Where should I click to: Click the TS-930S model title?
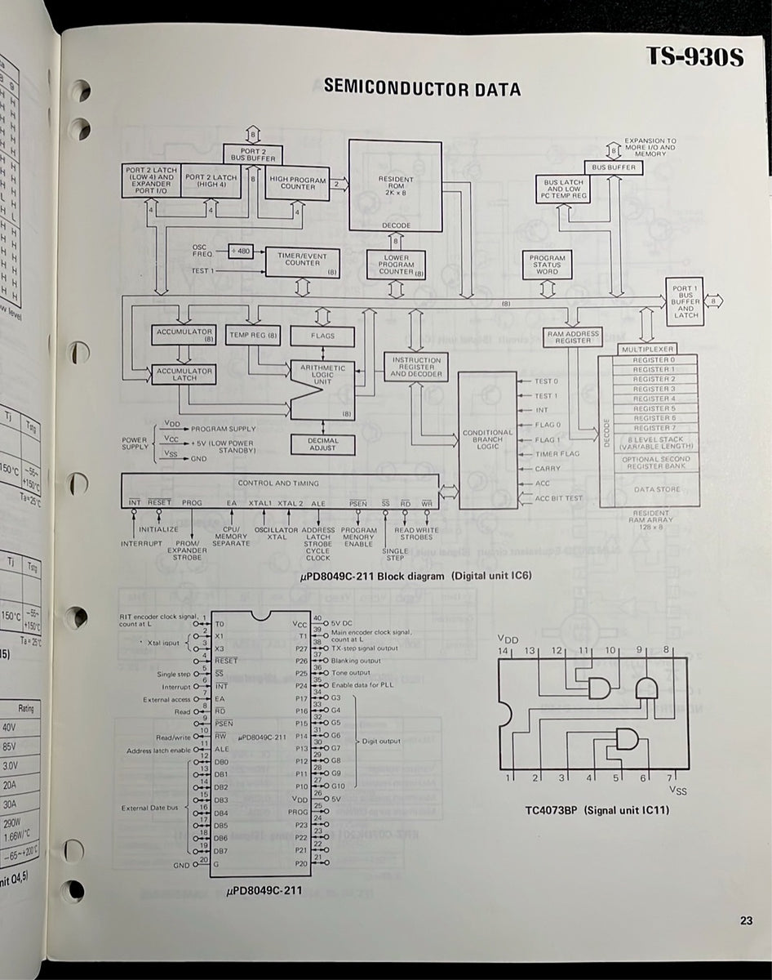(694, 57)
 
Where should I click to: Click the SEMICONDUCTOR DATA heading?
(422, 88)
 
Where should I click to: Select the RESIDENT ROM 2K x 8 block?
(396, 186)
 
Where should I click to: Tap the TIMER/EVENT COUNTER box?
(301, 260)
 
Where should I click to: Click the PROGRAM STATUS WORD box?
(547, 264)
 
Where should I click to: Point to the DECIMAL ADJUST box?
(322, 443)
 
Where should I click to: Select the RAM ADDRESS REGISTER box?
(575, 337)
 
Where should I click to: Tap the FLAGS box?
(322, 336)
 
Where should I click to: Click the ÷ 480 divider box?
(242, 251)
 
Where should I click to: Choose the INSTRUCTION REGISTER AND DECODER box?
(416, 367)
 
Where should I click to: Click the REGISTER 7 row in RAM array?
(654, 428)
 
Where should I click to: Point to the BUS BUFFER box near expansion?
(613, 167)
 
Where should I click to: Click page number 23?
(746, 921)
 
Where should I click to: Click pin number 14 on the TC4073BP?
(504, 650)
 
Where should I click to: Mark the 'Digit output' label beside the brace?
(380, 741)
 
